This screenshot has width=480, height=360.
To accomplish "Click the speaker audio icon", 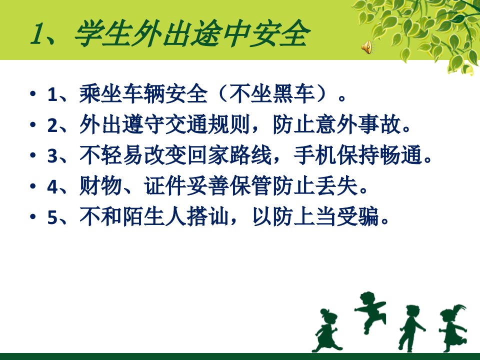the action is coord(366,47).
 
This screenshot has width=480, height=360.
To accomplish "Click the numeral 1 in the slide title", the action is coord(37,34).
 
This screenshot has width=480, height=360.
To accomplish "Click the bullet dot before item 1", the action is coord(33,93).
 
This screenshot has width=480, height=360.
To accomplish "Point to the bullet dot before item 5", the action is coord(33,216).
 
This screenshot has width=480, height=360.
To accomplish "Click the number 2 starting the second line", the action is coord(52,125).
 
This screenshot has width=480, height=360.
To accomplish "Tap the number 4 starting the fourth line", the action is coord(52,186).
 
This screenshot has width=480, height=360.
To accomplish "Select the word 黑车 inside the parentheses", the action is coord(293,93).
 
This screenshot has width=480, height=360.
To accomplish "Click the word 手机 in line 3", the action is coord(314,155).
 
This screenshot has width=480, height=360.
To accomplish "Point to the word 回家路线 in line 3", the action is coord(229,155).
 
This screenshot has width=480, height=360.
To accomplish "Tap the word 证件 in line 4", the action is coord(165,186).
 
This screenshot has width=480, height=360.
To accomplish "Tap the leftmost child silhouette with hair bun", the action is coord(325,330).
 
